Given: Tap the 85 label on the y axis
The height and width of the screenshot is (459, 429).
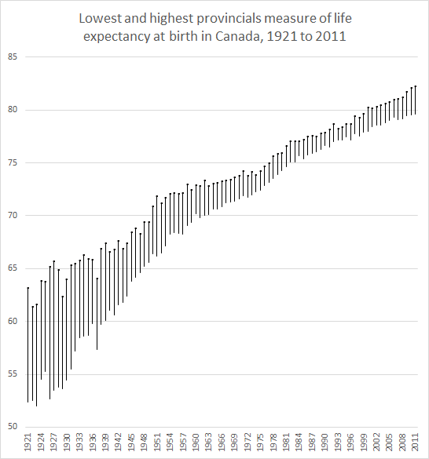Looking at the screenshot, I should [13, 56].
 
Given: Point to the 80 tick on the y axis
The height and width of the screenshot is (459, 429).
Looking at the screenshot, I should [13, 110].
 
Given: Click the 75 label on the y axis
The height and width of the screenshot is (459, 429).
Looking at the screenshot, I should [13, 162].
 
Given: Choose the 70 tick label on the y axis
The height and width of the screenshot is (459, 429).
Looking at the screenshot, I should [13, 216].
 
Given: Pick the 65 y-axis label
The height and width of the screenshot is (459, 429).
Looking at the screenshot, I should [13, 268].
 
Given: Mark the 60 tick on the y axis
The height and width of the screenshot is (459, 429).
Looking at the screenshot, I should [13, 322].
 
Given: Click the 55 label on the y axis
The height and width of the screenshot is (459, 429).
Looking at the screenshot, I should [13, 374].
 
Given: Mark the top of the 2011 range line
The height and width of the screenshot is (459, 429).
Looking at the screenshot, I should [415, 86].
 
